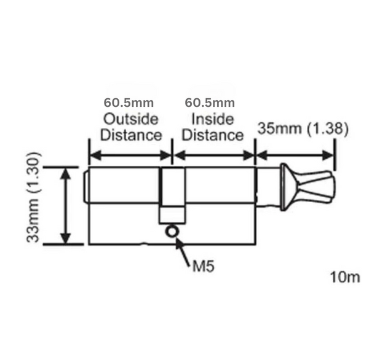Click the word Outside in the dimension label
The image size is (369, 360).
tap(130, 118)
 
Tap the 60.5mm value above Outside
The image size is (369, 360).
tap(129, 102)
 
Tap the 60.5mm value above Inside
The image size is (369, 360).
tap(210, 102)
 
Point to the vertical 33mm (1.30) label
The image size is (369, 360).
tap(34, 196)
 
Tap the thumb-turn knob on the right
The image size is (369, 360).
tap(314, 184)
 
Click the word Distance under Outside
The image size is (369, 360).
tap(131, 135)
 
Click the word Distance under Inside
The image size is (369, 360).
tap(213, 135)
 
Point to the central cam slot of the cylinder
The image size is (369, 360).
tap(172, 194)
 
